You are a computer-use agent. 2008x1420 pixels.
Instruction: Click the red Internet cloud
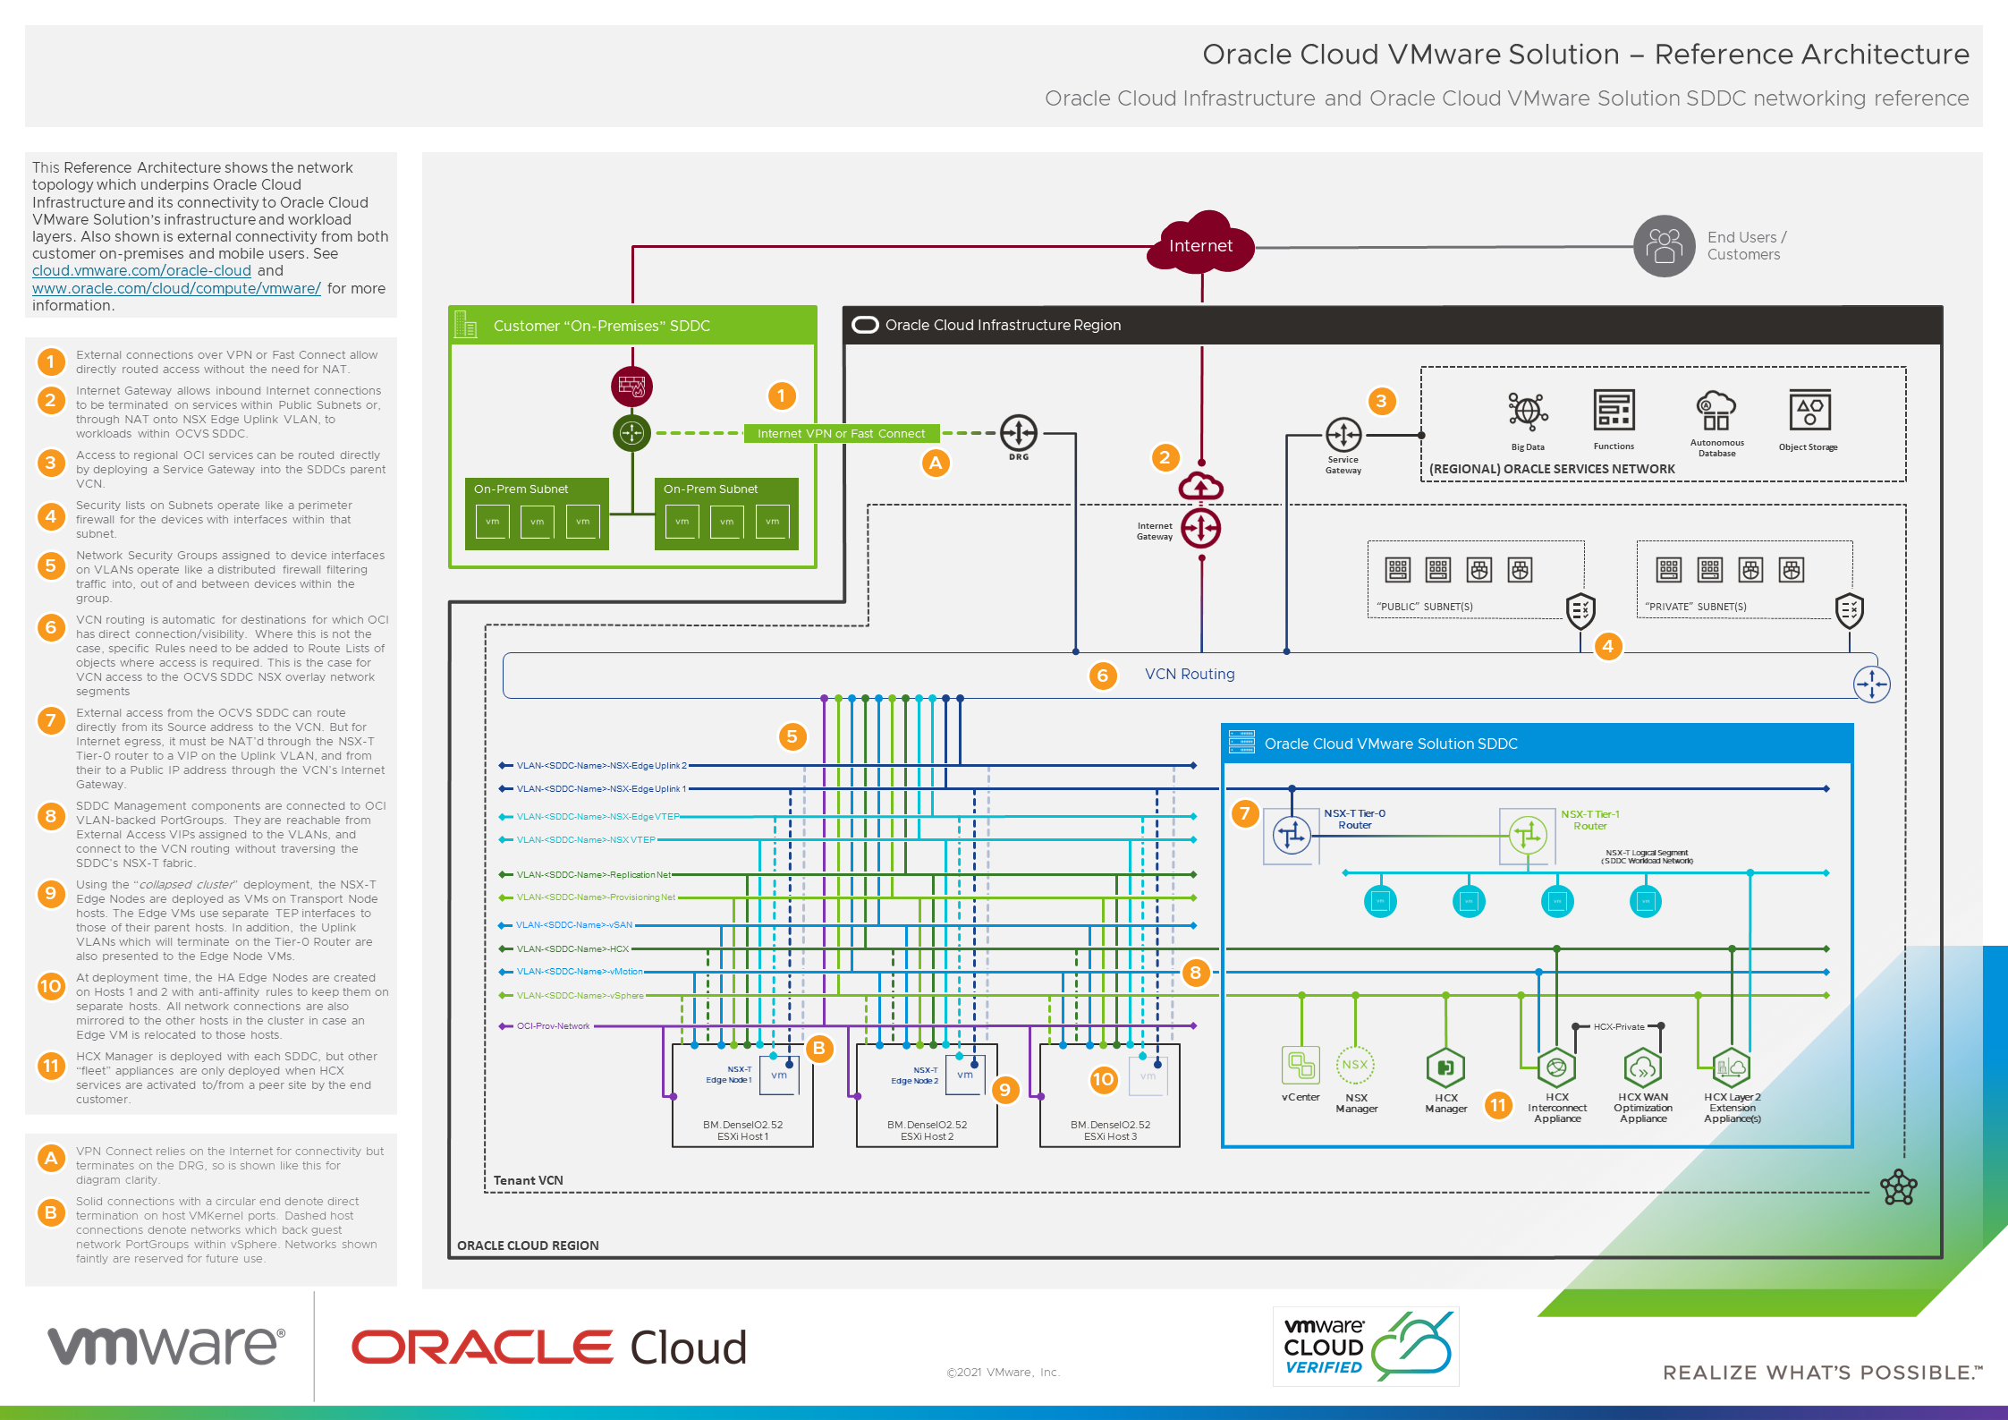1200,244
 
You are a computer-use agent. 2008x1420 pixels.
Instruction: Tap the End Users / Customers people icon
1664,245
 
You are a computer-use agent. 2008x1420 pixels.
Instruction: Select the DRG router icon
1018,433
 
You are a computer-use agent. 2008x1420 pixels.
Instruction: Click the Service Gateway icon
1343,436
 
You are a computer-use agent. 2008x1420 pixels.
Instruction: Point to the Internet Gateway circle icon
1200,528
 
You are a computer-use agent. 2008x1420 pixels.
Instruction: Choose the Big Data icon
1528,412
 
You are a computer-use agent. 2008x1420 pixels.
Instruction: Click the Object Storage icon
1809,411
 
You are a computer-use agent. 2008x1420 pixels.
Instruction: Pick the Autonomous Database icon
1716,411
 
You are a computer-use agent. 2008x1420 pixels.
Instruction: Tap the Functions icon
1614,411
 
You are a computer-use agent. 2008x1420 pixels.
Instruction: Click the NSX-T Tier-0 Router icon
1292,836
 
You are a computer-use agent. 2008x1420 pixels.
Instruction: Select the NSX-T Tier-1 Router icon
1527,836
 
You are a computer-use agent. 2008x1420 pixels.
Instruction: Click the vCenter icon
1301,1066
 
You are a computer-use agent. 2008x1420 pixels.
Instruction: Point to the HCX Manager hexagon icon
1445,1067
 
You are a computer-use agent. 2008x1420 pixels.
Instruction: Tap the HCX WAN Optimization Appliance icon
1643,1067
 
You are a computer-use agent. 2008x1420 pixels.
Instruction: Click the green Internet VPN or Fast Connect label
841,434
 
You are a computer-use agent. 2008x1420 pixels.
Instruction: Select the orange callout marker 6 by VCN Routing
1102,676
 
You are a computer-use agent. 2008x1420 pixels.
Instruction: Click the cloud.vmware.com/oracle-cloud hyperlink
141,271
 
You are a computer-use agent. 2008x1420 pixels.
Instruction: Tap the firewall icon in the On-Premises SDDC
631,387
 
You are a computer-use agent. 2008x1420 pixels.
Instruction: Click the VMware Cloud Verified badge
1365,1346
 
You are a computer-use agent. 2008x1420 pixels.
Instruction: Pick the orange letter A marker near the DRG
936,463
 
